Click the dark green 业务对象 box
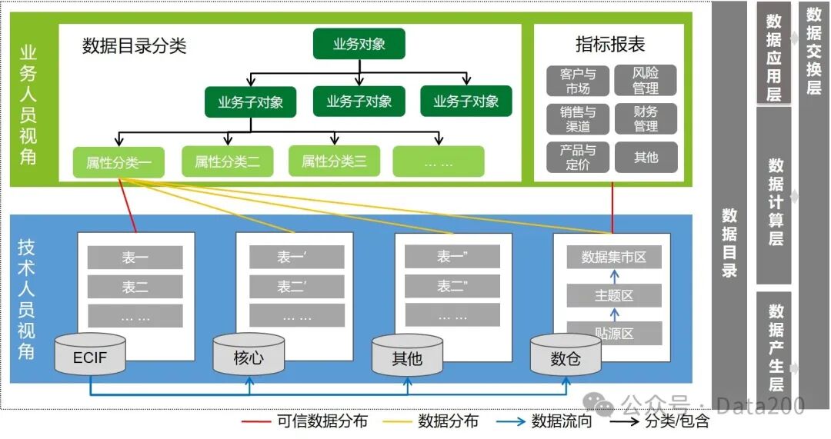[359, 44]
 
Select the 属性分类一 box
[118, 162]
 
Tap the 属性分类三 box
[334, 161]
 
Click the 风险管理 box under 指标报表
[646, 81]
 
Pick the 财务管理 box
[646, 119]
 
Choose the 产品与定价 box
[578, 157]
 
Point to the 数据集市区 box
[614, 257]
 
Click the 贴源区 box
[614, 333]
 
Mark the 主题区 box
[614, 295]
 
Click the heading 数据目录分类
[134, 46]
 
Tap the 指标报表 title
[610, 45]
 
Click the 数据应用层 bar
[774, 54]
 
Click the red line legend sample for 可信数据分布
[255, 421]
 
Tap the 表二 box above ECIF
[135, 287]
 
